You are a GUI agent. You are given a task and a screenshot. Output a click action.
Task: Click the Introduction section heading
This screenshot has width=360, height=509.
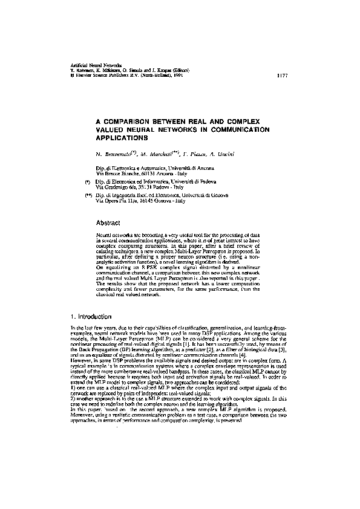[95, 317]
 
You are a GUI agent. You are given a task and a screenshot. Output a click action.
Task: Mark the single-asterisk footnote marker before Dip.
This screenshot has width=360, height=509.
[88, 181]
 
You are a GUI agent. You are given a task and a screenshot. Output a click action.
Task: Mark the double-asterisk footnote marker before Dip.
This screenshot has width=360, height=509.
[88, 195]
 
